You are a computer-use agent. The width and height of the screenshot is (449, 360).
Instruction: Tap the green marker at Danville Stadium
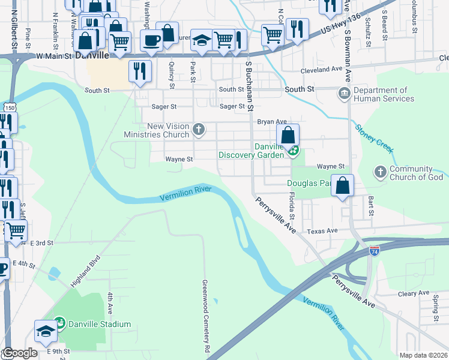[x=59, y=325]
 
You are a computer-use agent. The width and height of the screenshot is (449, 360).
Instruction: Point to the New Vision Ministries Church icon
[x=199, y=128]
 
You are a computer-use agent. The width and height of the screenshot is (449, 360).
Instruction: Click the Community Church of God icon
[x=379, y=172]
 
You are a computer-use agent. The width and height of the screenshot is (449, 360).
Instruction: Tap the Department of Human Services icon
[x=344, y=94]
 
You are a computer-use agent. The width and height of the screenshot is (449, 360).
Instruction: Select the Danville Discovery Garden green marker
[x=293, y=151]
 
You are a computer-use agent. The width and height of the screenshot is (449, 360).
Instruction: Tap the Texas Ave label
[x=323, y=231]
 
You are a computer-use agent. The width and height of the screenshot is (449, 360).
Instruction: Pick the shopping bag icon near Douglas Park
[x=342, y=186]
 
